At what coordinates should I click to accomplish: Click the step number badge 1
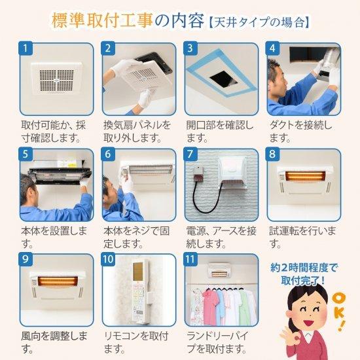click(x=27, y=49)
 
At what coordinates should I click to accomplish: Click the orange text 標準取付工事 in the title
click(x=102, y=20)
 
